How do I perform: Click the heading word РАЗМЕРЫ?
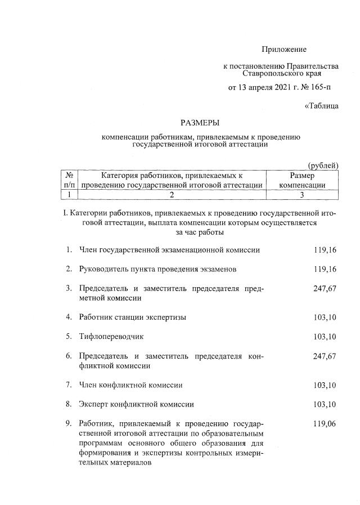(x=200, y=122)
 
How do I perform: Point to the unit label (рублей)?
(x=323, y=165)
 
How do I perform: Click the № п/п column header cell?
(x=69, y=180)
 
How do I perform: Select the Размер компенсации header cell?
(x=303, y=180)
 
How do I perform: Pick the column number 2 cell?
(x=172, y=195)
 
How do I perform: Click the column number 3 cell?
(x=303, y=195)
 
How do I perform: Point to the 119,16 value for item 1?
(x=325, y=249)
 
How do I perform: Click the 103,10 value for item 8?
(x=325, y=404)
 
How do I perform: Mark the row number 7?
(x=68, y=385)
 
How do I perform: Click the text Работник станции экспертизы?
(x=133, y=317)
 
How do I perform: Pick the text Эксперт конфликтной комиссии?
(x=137, y=404)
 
